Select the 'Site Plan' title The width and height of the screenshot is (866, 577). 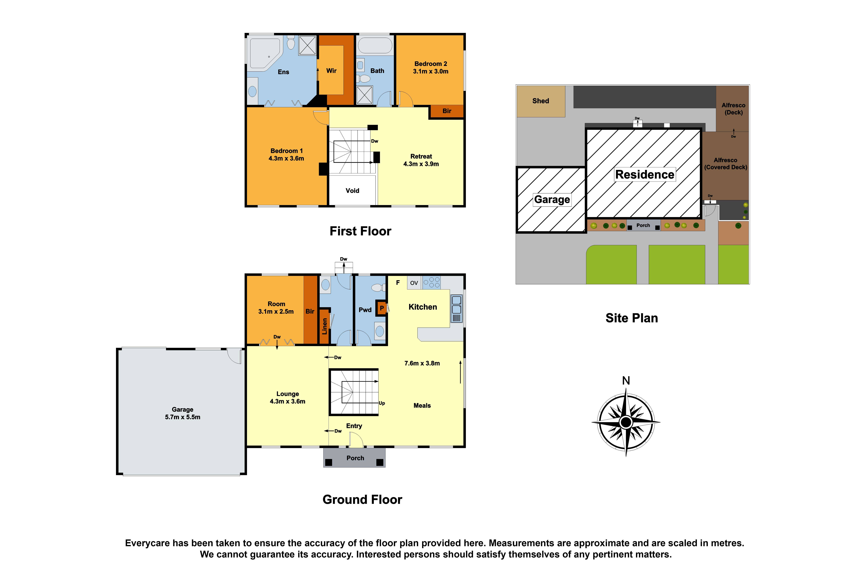click(632, 318)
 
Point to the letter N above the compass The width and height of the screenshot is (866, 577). click(626, 381)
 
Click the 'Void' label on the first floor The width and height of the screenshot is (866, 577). click(352, 191)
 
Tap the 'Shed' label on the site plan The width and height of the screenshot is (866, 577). click(540, 101)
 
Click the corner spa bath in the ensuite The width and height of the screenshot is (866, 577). click(264, 54)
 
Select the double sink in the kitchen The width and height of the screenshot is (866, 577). click(456, 305)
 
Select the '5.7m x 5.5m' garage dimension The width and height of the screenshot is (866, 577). click(183, 417)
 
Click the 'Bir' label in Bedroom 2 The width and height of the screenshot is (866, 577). click(446, 111)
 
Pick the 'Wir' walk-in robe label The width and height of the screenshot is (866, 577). click(331, 71)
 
